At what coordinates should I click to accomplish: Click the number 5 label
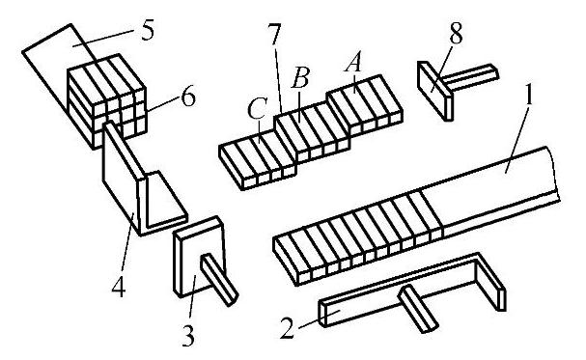coord(148,31)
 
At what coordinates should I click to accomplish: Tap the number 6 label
coord(187,97)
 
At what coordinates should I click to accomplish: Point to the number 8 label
coord(456,33)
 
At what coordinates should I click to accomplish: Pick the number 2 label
coord(287,328)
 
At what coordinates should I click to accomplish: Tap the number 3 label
coord(188,336)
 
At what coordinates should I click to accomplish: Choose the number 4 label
coord(119,288)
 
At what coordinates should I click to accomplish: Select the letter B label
coord(300,77)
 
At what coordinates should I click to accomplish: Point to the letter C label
coord(257,108)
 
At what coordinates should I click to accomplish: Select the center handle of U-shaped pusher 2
coord(418,308)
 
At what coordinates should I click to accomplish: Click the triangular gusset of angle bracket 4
coord(165,199)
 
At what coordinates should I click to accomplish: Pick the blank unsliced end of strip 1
coord(492,190)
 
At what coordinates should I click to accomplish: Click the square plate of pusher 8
coord(435,91)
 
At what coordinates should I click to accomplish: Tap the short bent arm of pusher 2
coord(490,281)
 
